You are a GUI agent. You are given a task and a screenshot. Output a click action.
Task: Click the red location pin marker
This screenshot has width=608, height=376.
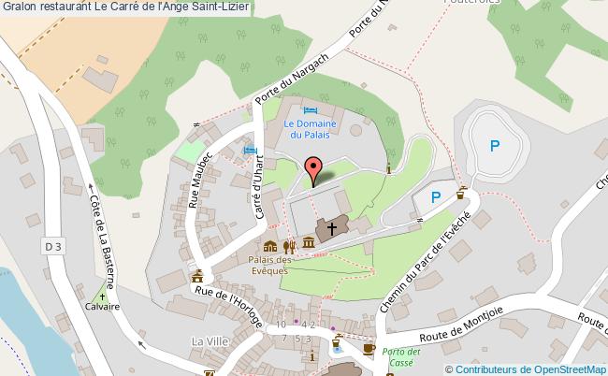pyautogui.click(x=313, y=169)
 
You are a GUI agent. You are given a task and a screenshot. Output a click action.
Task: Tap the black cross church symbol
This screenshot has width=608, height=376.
pyautogui.click(x=331, y=228)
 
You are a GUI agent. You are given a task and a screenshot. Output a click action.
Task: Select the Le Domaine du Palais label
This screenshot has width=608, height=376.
pyautogui.click(x=308, y=128)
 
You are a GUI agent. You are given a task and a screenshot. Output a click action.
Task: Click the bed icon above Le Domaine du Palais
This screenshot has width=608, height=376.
pyautogui.click(x=308, y=112)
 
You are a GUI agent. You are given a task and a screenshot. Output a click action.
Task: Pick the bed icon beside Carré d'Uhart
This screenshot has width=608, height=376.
pyautogui.click(x=249, y=151)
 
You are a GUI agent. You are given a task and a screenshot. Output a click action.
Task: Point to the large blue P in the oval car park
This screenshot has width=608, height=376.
pyautogui.click(x=495, y=146)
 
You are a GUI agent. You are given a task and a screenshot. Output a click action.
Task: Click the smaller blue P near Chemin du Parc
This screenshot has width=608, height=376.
pyautogui.click(x=435, y=197)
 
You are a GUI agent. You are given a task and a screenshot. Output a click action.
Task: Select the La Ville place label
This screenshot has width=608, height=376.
pyautogui.click(x=210, y=340)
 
